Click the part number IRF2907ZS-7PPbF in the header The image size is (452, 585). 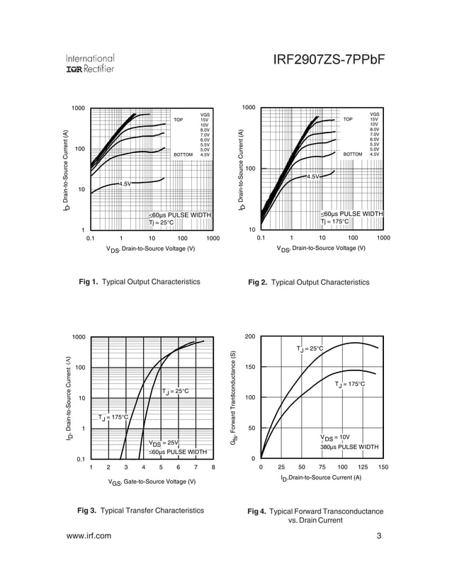click(328, 62)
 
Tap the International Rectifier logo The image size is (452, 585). click(90, 63)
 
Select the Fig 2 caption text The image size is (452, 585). click(308, 283)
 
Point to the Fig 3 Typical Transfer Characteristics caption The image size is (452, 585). click(140, 511)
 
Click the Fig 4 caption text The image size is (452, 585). click(315, 516)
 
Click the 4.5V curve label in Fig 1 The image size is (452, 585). click(125, 184)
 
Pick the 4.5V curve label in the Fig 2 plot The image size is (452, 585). click(313, 176)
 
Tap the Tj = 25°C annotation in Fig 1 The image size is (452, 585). click(161, 223)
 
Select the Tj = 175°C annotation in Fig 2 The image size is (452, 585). click(335, 222)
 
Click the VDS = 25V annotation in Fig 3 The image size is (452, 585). click(163, 443)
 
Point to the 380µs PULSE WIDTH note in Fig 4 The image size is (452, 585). click(349, 448)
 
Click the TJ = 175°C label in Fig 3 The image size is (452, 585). click(113, 417)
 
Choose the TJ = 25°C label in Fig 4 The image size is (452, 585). click(310, 348)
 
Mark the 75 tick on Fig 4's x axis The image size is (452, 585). click(322, 467)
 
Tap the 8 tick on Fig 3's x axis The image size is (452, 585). click(213, 467)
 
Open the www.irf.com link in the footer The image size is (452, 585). click(89, 536)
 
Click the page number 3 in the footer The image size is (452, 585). click(379, 536)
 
